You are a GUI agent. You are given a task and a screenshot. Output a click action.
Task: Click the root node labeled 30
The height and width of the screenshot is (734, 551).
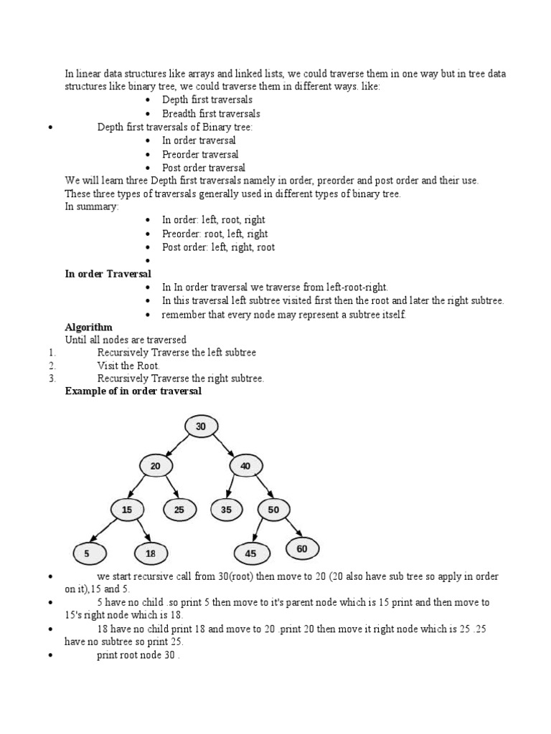tap(201, 426)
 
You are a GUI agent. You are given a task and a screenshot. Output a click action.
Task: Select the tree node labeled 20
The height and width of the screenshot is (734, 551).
tap(156, 466)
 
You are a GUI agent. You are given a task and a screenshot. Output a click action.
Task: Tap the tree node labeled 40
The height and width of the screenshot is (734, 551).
tap(245, 466)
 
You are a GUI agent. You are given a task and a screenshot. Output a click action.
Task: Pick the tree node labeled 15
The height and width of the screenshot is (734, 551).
tap(127, 510)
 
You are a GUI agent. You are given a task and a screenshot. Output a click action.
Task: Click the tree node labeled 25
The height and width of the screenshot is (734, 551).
tap(179, 510)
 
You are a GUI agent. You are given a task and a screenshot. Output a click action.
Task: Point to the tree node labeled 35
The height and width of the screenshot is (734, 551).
tap(227, 510)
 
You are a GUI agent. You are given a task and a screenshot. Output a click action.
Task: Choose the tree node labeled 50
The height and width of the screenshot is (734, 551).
tap(273, 510)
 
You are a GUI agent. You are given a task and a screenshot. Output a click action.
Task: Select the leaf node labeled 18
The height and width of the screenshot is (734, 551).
tap(151, 553)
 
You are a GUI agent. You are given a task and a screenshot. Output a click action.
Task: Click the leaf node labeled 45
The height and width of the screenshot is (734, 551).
tap(250, 553)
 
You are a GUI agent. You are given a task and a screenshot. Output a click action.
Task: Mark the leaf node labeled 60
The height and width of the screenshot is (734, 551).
tap(302, 549)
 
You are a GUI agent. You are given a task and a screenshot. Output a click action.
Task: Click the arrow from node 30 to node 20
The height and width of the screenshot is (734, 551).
tap(178, 446)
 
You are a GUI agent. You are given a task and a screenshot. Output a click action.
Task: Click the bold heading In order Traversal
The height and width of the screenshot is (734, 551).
tap(108, 274)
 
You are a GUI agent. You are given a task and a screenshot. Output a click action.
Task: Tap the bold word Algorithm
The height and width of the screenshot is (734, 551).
tap(89, 326)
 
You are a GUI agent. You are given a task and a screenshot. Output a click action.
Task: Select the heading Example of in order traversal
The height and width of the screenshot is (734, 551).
tap(133, 391)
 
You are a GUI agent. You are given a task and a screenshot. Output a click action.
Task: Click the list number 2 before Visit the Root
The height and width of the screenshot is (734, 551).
tap(52, 366)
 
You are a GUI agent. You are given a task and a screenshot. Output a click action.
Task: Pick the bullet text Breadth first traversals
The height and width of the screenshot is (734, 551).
tap(211, 113)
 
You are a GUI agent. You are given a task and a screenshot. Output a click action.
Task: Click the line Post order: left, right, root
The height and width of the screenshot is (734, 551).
tap(218, 247)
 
